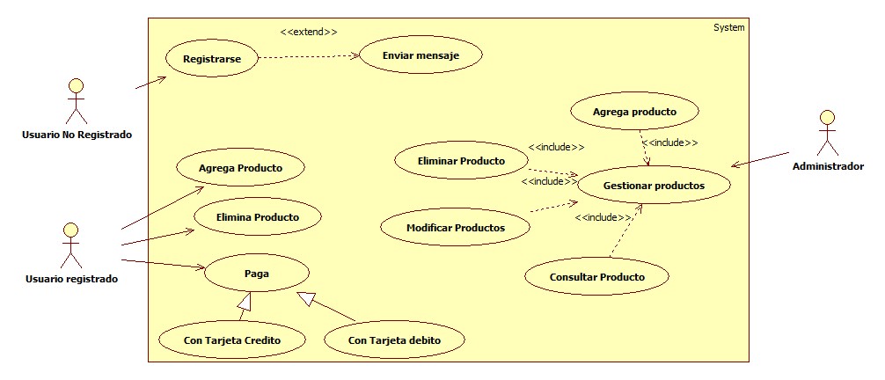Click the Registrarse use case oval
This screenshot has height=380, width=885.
tap(210, 60)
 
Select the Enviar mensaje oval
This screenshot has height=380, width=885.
tap(421, 56)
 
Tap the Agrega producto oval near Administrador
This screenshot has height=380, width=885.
tap(634, 113)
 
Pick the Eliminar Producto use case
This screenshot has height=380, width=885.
tap(462, 161)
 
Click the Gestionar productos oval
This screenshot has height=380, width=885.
tap(654, 186)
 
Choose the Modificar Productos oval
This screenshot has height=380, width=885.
tap(456, 228)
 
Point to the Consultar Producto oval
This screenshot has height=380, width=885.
tap(597, 277)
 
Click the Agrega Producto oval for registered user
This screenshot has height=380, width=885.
tap(239, 167)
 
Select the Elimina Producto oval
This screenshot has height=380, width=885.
tap(257, 217)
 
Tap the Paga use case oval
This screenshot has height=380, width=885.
tap(257, 274)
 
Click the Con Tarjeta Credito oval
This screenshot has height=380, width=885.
tap(232, 340)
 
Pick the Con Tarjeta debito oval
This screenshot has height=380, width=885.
tap(394, 340)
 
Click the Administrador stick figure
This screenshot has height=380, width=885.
tap(826, 134)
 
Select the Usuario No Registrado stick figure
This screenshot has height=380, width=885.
tap(77, 102)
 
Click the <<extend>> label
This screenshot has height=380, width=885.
tap(309, 32)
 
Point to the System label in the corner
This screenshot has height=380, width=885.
tap(728, 27)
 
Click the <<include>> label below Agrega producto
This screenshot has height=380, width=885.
tap(669, 142)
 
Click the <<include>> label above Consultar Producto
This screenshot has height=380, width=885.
tap(603, 217)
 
